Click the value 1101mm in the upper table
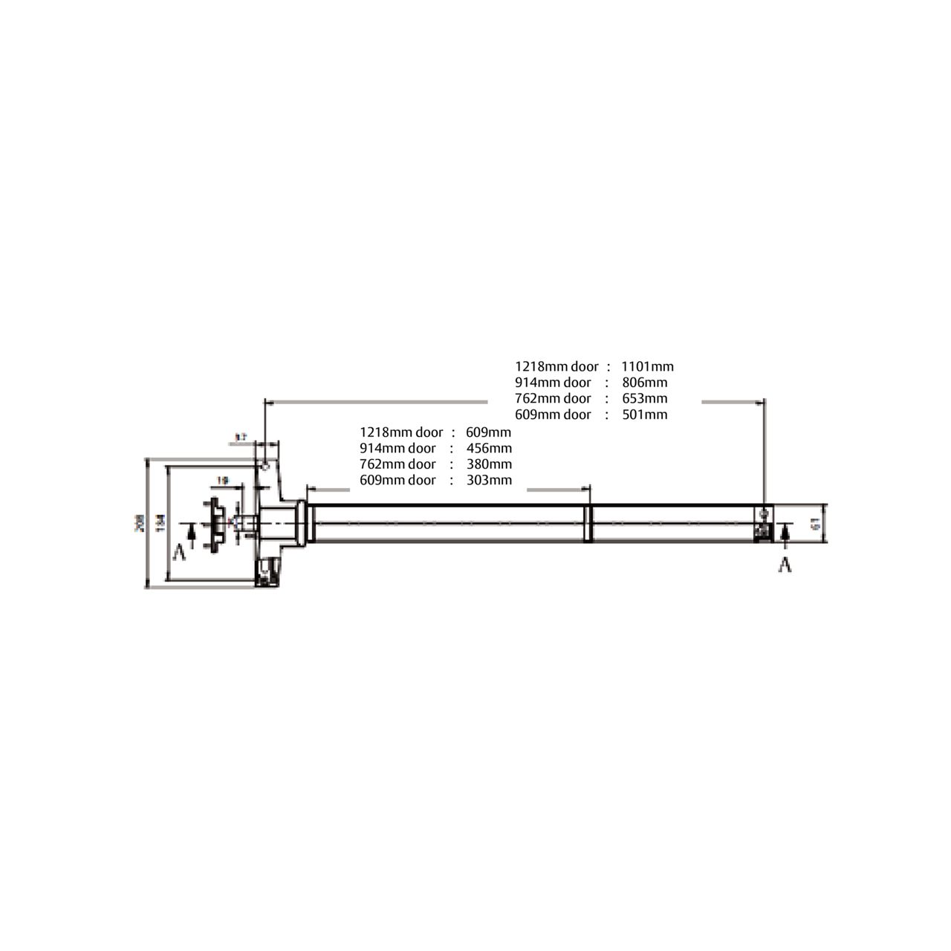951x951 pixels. point(647,366)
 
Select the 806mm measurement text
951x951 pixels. point(645,383)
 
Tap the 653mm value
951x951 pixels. point(645,399)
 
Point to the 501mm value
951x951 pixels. point(645,415)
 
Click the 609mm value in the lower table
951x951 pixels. point(488,432)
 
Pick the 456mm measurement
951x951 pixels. point(489,448)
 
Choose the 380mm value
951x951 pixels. point(489,464)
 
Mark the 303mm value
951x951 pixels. point(489,480)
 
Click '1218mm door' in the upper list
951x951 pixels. point(556,366)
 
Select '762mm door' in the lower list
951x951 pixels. point(397,464)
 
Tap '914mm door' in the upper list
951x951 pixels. point(553,383)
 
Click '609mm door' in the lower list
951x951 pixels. point(397,480)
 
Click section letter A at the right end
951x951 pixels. point(784,565)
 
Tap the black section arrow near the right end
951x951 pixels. point(785,532)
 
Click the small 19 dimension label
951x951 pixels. point(222,481)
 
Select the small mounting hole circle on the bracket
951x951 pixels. point(264,466)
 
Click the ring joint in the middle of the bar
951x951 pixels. point(588,523)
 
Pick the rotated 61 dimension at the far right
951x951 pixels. point(816,523)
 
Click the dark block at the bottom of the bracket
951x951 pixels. point(266,573)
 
